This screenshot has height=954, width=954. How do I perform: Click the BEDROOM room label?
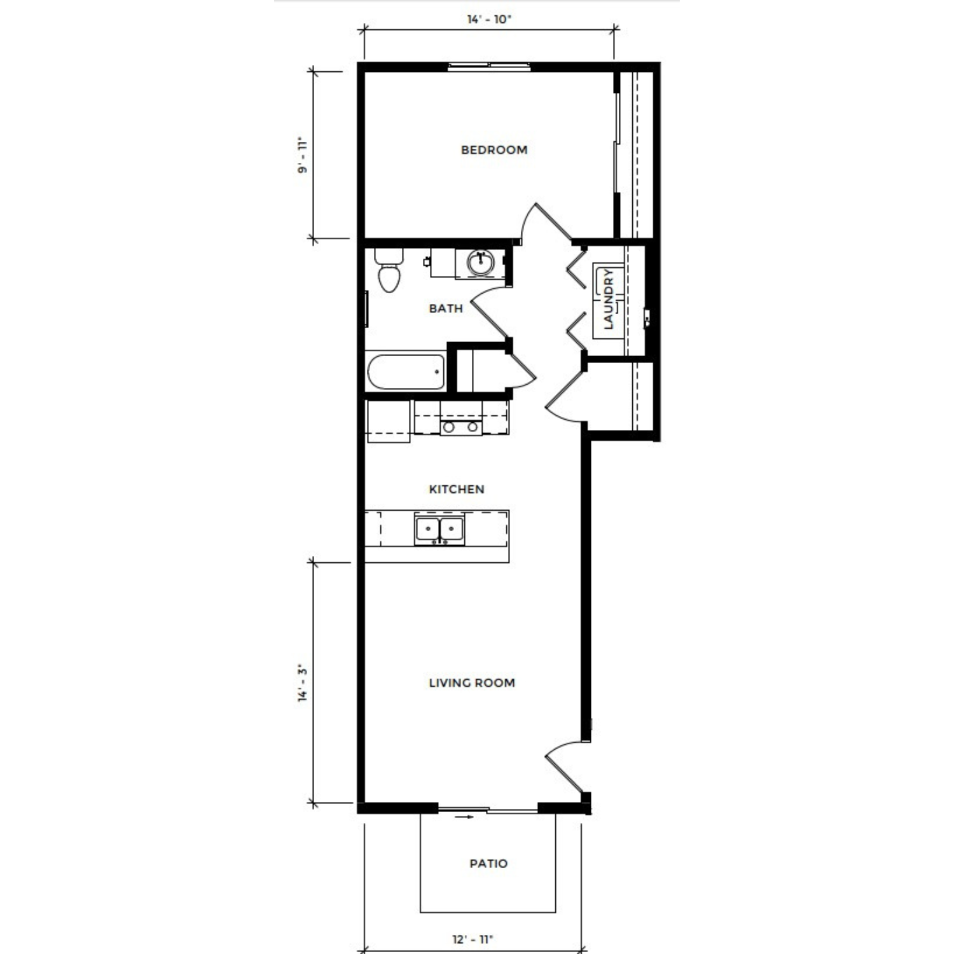494,150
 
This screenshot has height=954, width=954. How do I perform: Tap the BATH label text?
446,308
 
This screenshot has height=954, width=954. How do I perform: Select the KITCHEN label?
457,489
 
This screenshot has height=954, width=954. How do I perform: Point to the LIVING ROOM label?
472,683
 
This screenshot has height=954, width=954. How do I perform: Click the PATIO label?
488,864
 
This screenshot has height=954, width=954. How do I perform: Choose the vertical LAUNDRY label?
609,299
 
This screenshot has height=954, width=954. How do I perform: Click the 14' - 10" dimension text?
489,19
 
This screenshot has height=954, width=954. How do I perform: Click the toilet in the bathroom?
389,270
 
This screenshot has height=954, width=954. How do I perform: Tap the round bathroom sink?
480,263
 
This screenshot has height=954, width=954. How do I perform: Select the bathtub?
406,371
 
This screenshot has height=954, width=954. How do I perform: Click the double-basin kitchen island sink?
439,529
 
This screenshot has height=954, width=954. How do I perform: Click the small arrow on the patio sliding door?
466,817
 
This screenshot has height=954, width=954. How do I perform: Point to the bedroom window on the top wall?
488,66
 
